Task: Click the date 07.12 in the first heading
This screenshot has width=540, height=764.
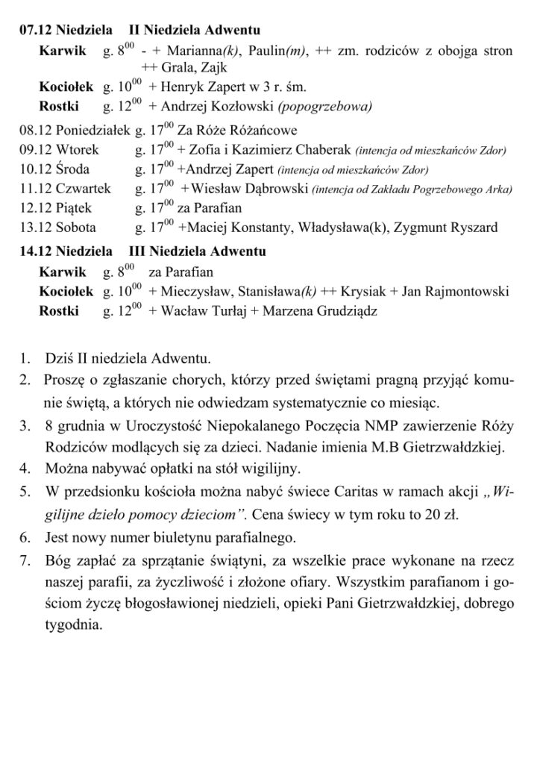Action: [35, 31]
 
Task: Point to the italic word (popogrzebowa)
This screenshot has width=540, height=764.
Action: [324, 104]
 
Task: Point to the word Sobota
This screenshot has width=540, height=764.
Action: [75, 227]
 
